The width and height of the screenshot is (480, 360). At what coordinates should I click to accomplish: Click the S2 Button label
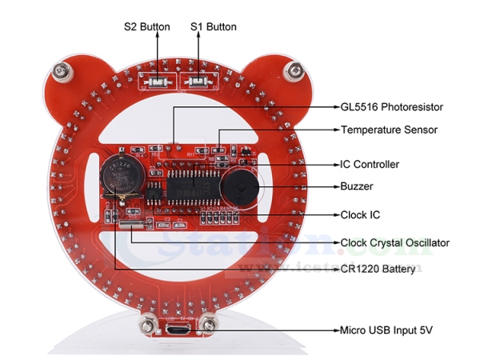146,26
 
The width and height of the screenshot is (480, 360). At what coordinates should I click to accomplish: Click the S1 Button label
214,26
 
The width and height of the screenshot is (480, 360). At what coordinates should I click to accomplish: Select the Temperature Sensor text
388,129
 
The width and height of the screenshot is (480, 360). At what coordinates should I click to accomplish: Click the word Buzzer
357,186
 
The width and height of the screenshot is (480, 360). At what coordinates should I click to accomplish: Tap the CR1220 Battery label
378,270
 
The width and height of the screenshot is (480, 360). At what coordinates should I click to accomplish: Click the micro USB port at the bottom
178,329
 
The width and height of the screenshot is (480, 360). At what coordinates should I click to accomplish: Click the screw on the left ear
63,74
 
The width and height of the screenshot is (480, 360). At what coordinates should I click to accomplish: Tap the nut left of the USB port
147,324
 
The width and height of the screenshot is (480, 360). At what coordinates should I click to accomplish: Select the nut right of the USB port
210,325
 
